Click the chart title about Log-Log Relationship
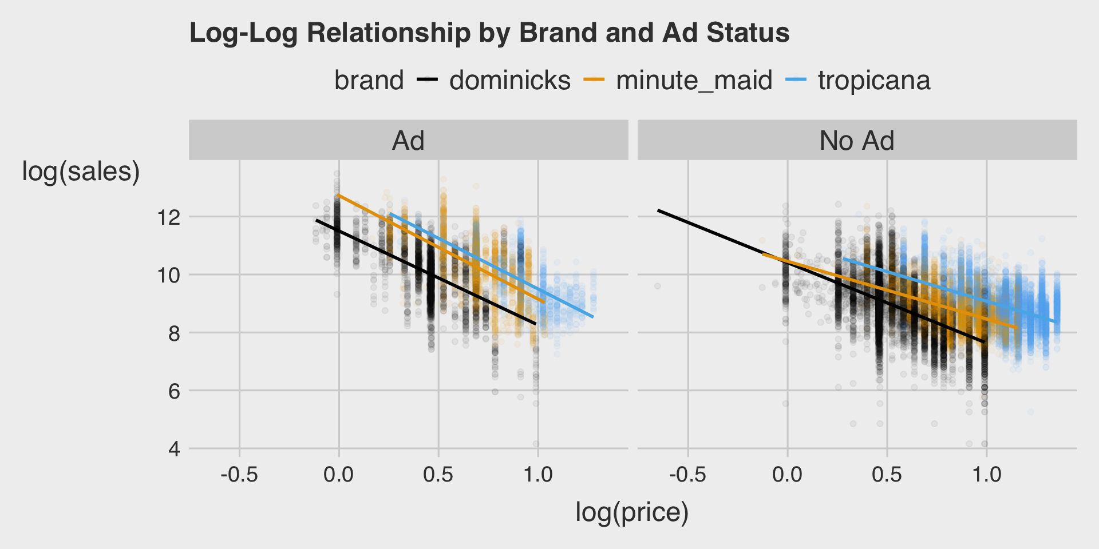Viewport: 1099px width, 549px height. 489,33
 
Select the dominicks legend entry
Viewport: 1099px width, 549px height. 509,81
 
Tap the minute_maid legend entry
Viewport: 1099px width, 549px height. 694,81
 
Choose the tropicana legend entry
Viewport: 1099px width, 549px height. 873,81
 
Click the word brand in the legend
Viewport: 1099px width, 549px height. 369,81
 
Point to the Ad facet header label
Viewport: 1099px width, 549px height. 408,141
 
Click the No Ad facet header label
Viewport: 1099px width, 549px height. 856,141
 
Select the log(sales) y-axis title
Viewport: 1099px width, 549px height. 81,171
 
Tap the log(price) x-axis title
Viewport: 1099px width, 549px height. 632,512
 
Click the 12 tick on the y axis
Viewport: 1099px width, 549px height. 167,217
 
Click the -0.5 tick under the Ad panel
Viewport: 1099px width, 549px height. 239,474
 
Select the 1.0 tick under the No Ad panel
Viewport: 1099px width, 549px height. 987,474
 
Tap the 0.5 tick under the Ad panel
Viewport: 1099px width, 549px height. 438,474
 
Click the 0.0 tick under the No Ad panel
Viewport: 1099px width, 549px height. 787,474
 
